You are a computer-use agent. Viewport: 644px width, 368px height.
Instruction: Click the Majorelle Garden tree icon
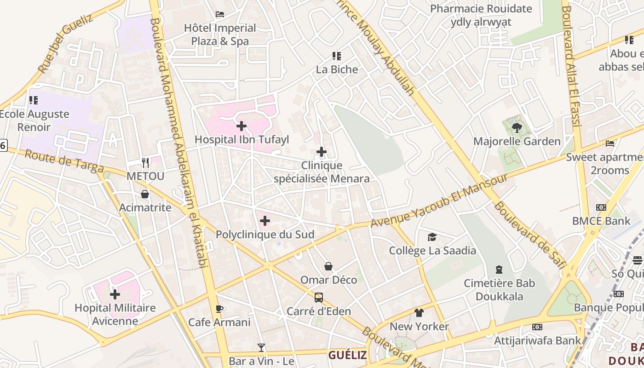[517, 127]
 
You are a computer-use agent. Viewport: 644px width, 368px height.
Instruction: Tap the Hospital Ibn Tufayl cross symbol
[241, 126]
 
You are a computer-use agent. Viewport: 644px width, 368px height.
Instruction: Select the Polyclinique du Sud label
[265, 235]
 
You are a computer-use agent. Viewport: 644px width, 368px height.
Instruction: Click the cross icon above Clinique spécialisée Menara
[322, 152]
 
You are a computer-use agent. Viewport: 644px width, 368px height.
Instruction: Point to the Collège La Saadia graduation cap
[432, 237]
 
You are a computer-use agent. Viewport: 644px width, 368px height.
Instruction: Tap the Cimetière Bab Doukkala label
[499, 290]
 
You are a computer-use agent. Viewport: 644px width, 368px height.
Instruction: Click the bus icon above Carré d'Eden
[319, 298]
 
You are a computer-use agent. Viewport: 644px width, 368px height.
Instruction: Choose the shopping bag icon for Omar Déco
[328, 266]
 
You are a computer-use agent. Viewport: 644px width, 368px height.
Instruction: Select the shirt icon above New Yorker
[419, 313]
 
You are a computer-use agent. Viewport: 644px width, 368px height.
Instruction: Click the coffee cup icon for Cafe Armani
[219, 309]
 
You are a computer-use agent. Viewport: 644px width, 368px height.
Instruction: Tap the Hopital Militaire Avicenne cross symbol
[115, 294]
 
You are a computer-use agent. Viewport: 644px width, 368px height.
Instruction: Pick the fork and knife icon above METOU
[145, 162]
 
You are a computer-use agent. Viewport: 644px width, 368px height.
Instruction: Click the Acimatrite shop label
[145, 207]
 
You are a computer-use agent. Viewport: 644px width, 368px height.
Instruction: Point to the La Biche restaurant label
[337, 69]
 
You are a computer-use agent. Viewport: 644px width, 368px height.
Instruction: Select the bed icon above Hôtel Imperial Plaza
[220, 14]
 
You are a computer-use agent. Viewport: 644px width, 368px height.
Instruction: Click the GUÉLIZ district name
[347, 355]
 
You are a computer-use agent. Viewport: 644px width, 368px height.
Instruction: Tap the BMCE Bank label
[601, 221]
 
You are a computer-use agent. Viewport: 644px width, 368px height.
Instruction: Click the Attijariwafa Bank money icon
[537, 327]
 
